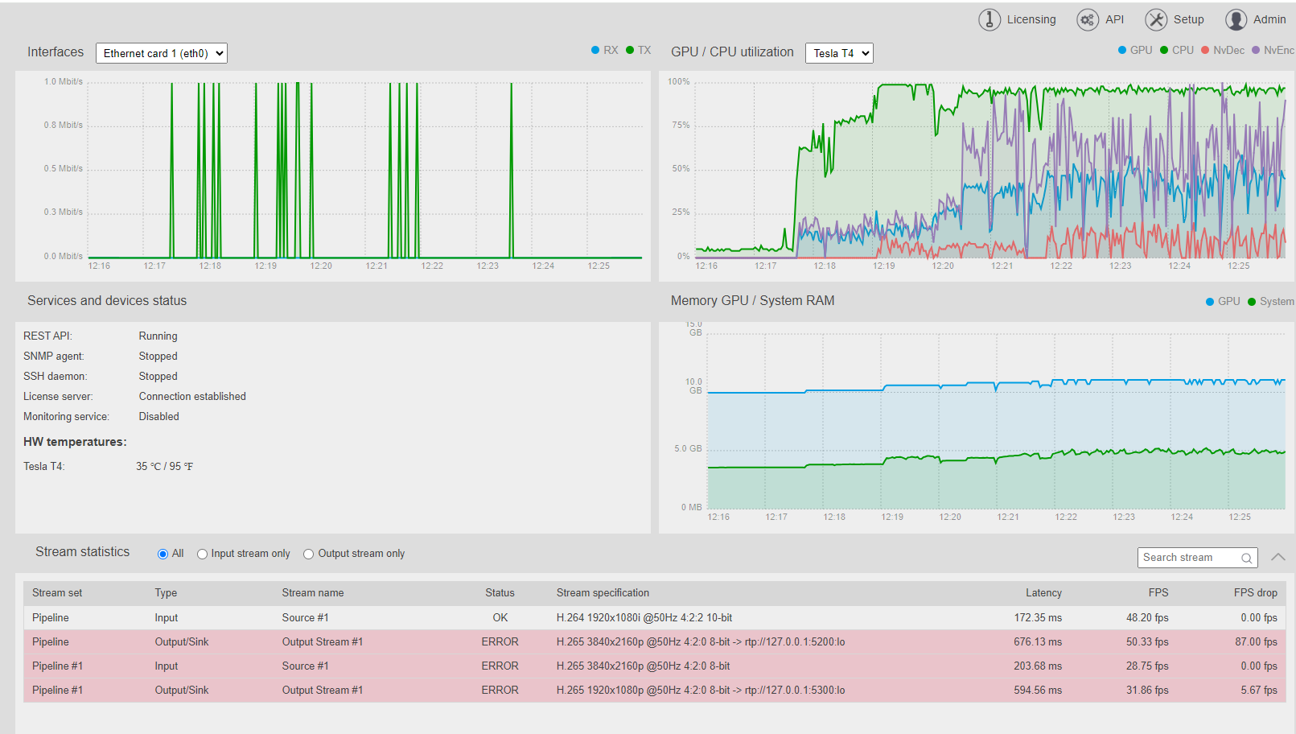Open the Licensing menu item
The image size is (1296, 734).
coord(1017,19)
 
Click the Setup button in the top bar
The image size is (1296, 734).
coord(1175,19)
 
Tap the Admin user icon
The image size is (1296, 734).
coord(1236,19)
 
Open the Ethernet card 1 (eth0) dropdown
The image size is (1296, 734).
coord(162,53)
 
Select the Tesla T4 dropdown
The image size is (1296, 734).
coord(839,53)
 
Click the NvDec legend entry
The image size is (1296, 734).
coord(1223,51)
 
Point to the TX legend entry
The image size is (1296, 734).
coord(639,51)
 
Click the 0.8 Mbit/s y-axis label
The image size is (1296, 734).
coord(63,125)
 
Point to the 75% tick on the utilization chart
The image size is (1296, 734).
coord(681,125)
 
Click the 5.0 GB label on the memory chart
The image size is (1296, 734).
coord(688,448)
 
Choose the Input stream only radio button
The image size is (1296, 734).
coord(202,554)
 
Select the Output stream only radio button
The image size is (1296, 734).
coord(308,554)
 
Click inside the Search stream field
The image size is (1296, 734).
coord(1189,558)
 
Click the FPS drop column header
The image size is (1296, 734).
coord(1255,593)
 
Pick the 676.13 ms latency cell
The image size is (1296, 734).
coord(1038,642)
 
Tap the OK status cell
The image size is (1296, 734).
coord(500,617)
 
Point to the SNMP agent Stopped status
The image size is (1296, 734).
coord(158,356)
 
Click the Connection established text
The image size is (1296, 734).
coord(192,397)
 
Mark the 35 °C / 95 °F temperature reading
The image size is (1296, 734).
coord(164,467)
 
